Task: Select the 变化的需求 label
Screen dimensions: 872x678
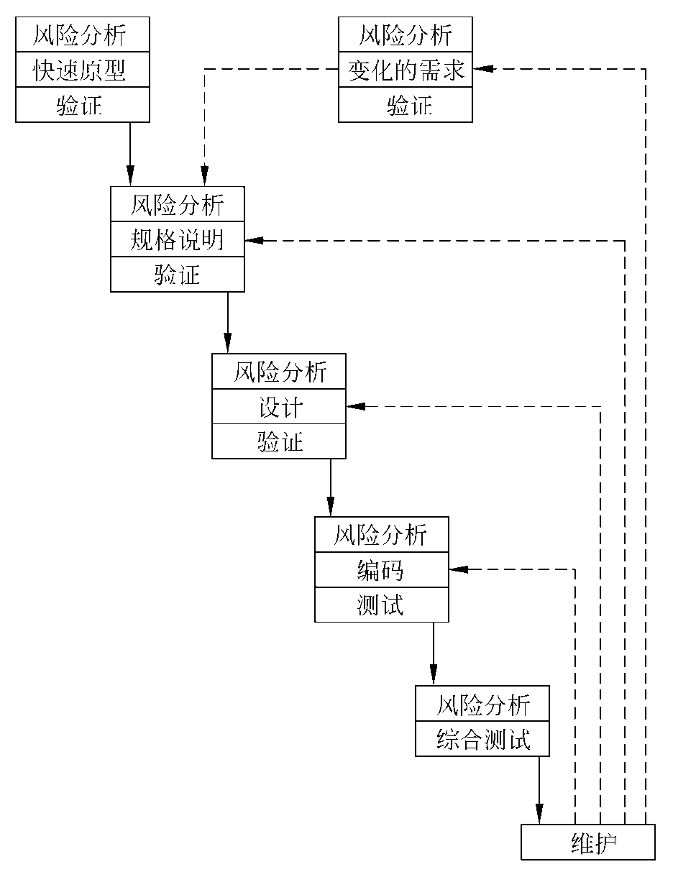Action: pyautogui.click(x=406, y=71)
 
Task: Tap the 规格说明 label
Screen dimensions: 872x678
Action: pyautogui.click(x=177, y=240)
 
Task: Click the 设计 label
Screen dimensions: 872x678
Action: pyautogui.click(x=279, y=408)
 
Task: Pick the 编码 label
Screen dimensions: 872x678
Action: pyautogui.click(x=381, y=570)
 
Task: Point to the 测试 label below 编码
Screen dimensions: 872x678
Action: pyautogui.click(x=381, y=605)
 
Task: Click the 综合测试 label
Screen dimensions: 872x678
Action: pyautogui.click(x=482, y=740)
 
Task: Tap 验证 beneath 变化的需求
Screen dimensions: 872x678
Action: pyautogui.click(x=406, y=106)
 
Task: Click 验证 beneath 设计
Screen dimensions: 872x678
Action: pyautogui.click(x=279, y=442)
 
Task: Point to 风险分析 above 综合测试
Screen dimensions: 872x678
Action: pyautogui.click(x=482, y=705)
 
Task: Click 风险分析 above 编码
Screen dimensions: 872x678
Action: pyautogui.click(x=381, y=535)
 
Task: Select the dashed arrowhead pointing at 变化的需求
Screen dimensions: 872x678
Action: pyautogui.click(x=482, y=69)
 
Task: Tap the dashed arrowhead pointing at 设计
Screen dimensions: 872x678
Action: pyautogui.click(x=355, y=407)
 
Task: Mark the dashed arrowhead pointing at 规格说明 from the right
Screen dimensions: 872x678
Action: pyautogui.click(x=254, y=240)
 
